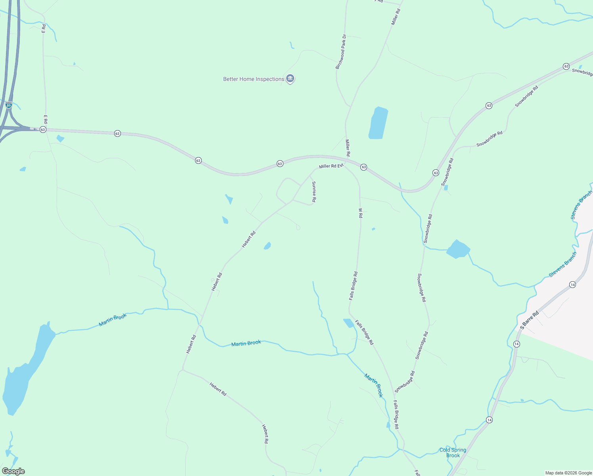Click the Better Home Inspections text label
[x=253, y=79]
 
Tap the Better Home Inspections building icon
[x=290, y=79]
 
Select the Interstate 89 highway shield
[x=9, y=105]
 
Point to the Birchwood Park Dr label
[x=340, y=52]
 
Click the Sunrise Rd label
[x=314, y=192]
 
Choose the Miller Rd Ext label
[x=331, y=166]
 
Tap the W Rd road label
[x=360, y=213]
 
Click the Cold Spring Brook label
[x=453, y=453]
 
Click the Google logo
[x=13, y=471]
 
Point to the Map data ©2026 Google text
[x=568, y=473]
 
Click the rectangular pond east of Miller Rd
[x=378, y=123]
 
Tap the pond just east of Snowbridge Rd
[x=458, y=250]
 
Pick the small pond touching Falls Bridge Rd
[x=348, y=323]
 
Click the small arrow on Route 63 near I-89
[x=34, y=129]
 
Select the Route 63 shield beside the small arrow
[x=43, y=130]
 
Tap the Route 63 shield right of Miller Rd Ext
[x=363, y=167]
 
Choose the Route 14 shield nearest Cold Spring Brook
[x=490, y=420]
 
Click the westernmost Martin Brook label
[x=113, y=320]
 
